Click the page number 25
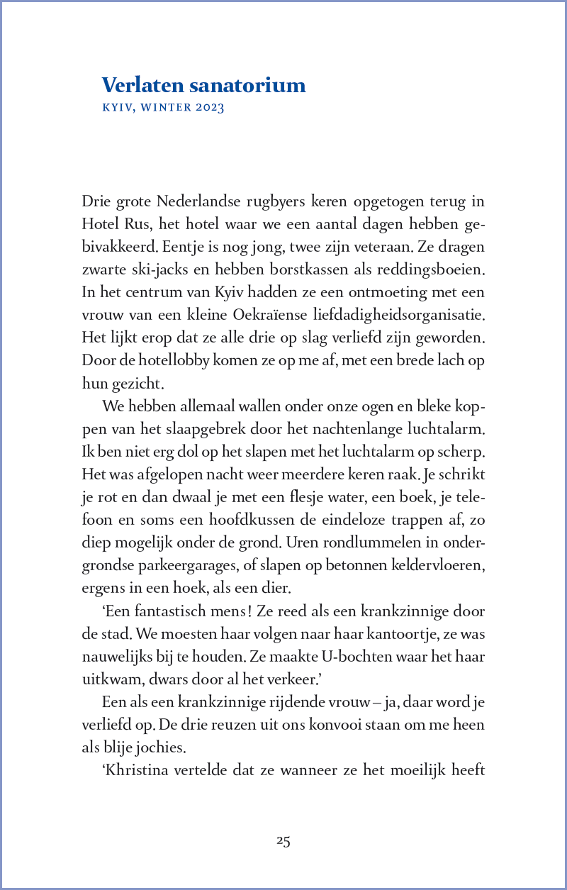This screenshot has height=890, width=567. coord(283,841)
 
